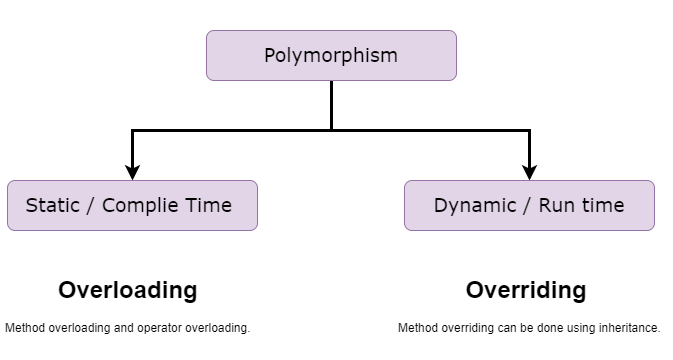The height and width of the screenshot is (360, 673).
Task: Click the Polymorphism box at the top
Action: (331, 55)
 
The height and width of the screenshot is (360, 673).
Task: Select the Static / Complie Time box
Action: (132, 205)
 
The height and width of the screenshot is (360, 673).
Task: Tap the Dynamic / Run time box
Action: (529, 205)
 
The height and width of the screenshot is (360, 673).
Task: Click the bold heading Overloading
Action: (128, 290)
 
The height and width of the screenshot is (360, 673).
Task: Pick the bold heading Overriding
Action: (526, 290)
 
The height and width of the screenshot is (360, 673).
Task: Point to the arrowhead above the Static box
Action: (132, 172)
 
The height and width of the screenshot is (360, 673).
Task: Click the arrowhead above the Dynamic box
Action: (529, 172)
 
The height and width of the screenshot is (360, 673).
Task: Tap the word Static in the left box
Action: (52, 205)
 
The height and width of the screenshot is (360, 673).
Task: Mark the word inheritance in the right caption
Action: (630, 327)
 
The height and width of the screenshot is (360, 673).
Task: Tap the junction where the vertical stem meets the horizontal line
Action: (331, 129)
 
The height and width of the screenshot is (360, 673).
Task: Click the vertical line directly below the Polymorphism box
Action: (331, 104)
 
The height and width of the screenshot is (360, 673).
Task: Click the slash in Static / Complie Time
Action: (91, 205)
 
